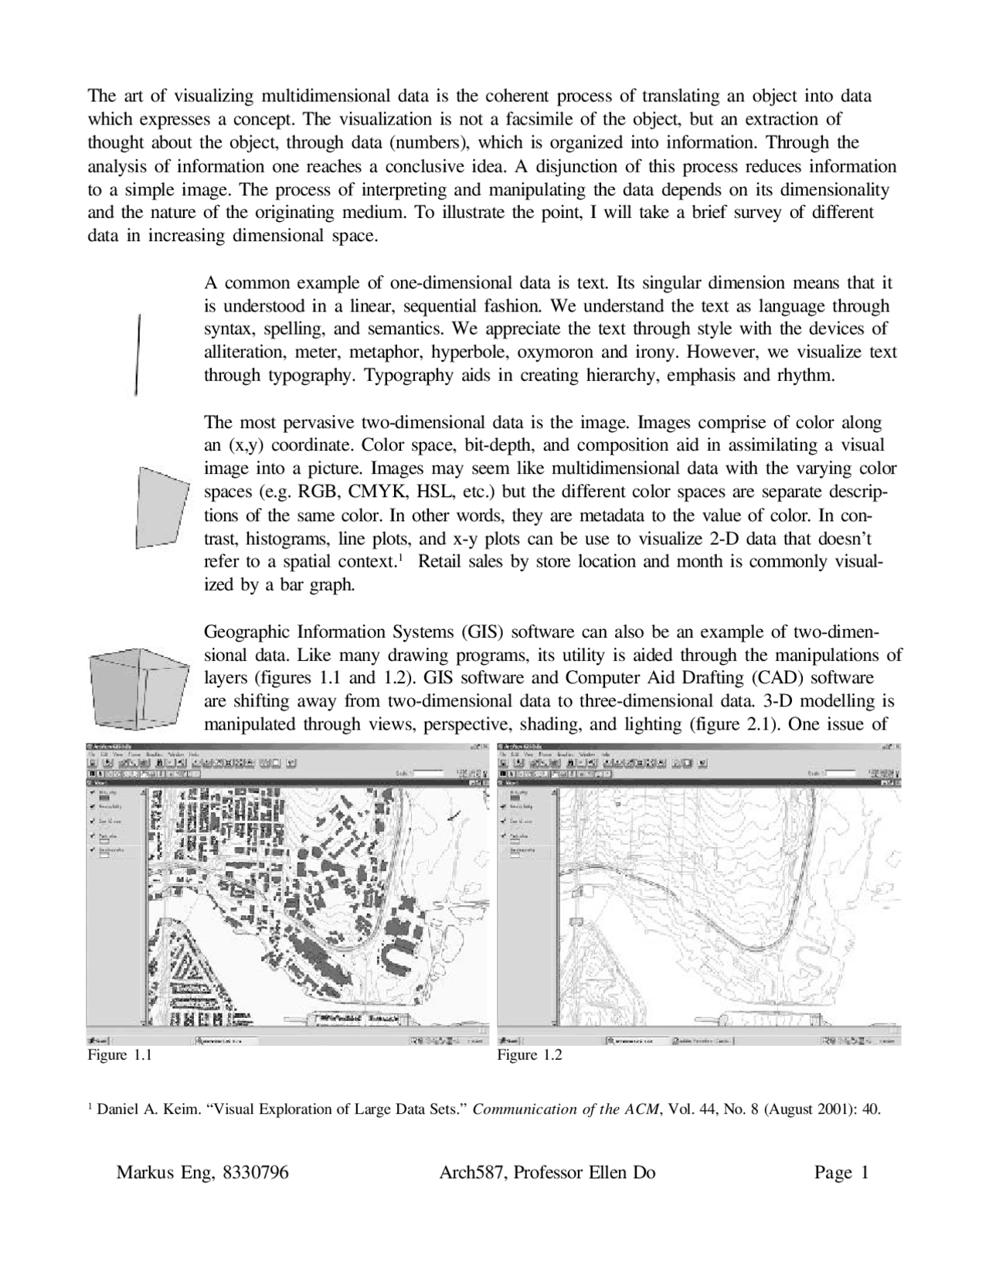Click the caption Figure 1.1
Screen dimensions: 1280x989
[118, 1055]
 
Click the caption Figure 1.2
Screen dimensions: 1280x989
[529, 1055]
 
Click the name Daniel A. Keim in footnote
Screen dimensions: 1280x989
[147, 1110]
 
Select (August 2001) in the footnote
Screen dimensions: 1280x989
[807, 1110]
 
